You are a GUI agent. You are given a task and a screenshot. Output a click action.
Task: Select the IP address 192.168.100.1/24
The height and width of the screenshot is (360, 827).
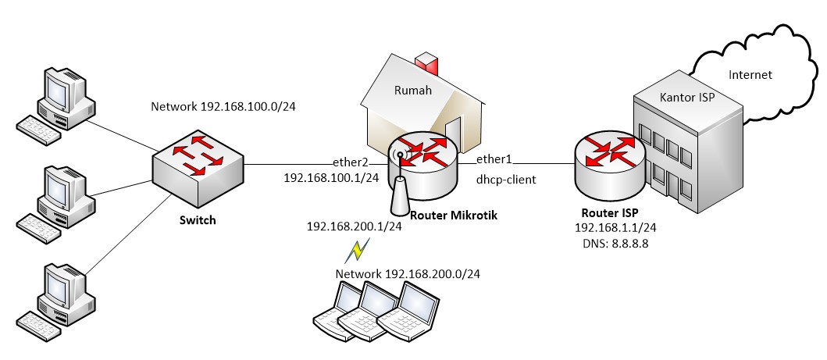[x=331, y=178]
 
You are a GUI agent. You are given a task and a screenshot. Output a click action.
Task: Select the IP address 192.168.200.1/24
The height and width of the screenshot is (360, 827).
[x=355, y=226]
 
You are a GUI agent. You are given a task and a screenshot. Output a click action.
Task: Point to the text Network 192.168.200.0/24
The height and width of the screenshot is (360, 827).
[x=407, y=274]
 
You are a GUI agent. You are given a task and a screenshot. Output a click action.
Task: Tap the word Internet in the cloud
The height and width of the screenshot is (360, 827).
[x=749, y=75]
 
